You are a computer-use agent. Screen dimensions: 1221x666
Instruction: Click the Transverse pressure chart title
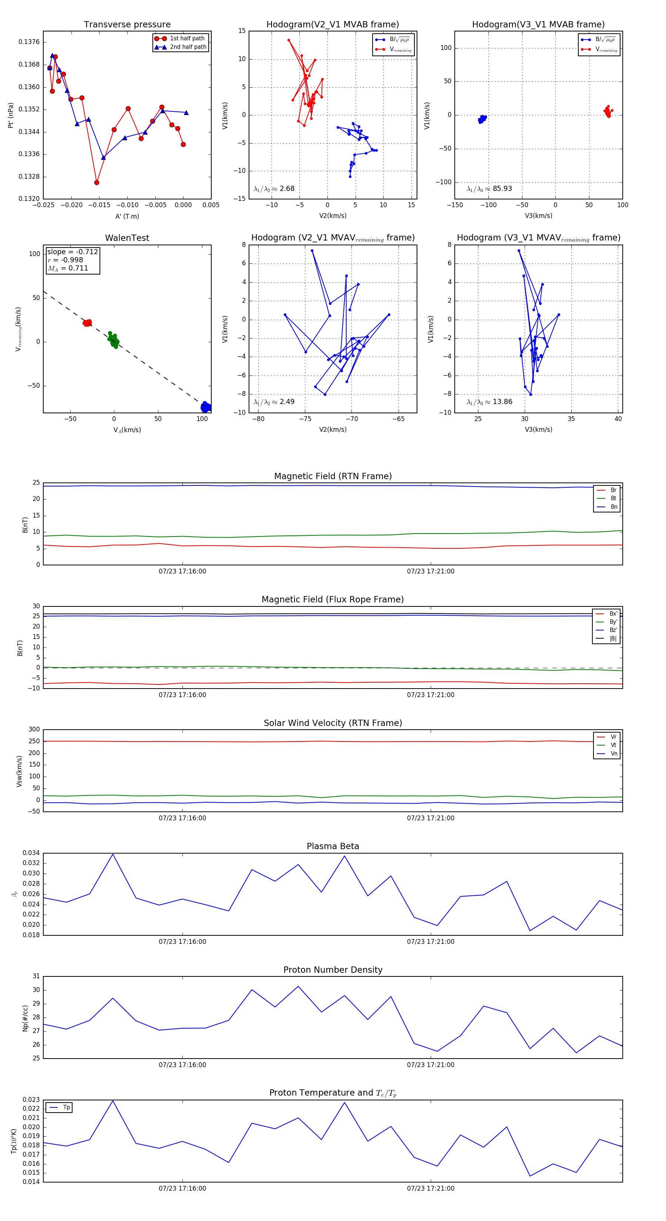coord(127,25)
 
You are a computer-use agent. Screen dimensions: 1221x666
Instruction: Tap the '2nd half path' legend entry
coord(188,47)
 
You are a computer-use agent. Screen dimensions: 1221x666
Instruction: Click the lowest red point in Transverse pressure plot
coord(97,182)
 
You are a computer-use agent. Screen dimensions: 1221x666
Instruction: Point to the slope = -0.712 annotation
coord(73,252)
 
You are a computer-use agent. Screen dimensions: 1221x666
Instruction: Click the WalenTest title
coord(127,238)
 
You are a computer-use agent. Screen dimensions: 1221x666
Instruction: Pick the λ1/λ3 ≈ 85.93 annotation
coord(489,189)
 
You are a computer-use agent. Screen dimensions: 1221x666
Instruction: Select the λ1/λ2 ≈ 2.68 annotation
coord(274,189)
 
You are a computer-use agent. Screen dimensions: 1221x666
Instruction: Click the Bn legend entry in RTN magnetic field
coord(613,507)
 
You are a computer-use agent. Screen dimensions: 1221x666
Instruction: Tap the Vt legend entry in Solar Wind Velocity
coord(613,745)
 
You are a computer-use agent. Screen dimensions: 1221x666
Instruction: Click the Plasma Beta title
coord(333,847)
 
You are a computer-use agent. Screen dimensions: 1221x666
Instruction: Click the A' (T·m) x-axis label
coord(127,216)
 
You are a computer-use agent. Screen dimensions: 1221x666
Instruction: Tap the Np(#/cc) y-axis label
coord(25,1019)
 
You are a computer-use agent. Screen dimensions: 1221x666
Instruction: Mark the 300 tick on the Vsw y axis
coord(34,730)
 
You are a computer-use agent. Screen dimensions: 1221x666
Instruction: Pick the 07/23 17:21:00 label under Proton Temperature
coord(430,1188)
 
